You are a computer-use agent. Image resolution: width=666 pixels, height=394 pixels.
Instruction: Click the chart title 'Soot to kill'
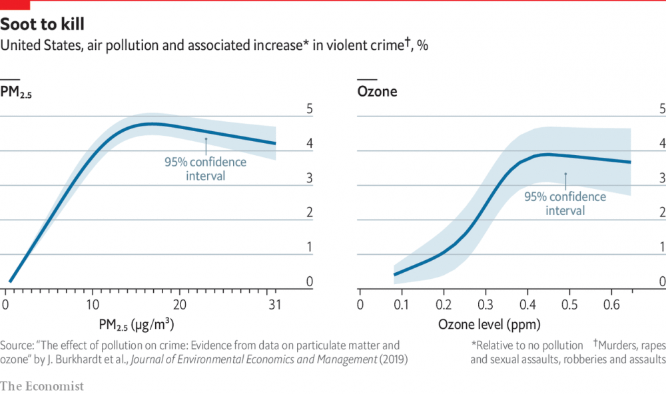click(x=42, y=25)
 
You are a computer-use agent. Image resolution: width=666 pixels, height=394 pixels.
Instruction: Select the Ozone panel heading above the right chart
click(x=377, y=92)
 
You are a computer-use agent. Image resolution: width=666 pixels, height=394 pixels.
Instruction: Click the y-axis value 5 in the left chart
click(x=309, y=109)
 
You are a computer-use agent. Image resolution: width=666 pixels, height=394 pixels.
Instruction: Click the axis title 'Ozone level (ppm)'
click(x=489, y=324)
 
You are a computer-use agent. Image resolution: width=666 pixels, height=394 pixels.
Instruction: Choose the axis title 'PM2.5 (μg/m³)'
click(x=136, y=324)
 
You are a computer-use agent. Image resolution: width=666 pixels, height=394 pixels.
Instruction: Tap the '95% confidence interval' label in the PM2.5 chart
click(x=205, y=169)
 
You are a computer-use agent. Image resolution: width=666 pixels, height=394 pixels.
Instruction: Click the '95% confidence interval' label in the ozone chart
click(x=565, y=204)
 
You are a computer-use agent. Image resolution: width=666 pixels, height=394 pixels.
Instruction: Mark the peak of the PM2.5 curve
click(x=152, y=124)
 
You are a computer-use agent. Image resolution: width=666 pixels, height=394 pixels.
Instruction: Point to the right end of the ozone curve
click(x=629, y=162)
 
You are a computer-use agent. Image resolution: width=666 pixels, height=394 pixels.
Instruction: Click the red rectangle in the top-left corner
click(x=15, y=5)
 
